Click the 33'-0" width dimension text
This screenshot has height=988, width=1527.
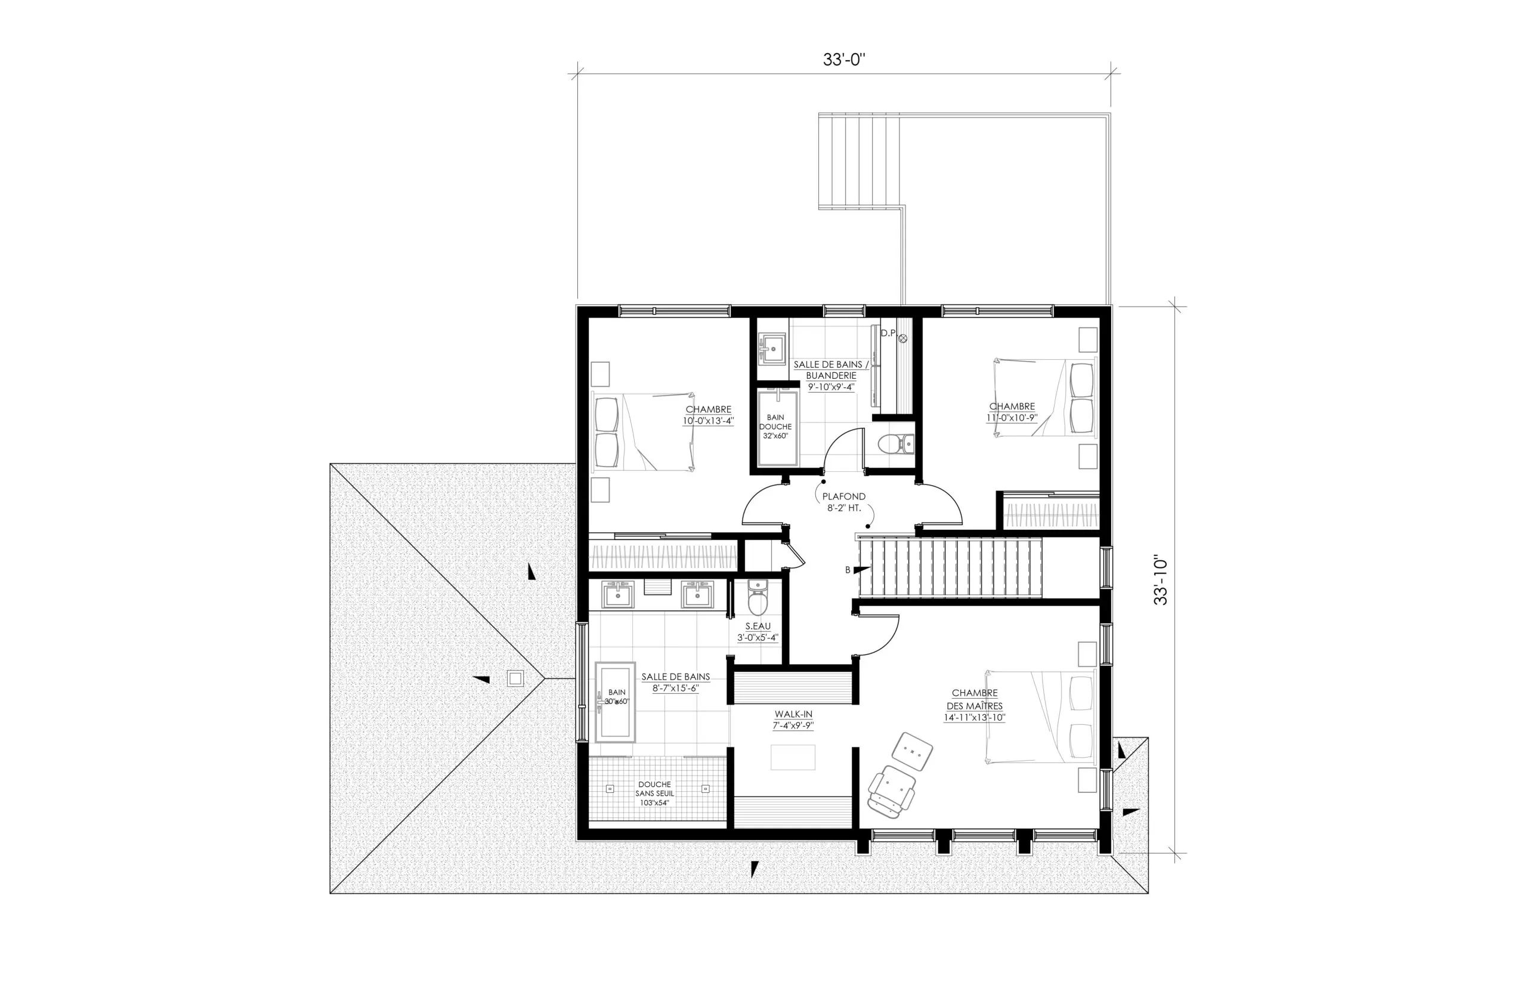click(x=844, y=60)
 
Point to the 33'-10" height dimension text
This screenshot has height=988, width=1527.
click(x=1161, y=581)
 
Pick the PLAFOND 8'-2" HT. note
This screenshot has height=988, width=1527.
click(x=843, y=502)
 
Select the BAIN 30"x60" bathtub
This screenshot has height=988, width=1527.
click(x=616, y=702)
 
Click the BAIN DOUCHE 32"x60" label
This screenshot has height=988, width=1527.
click(x=775, y=427)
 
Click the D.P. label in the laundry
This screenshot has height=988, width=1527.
click(x=888, y=333)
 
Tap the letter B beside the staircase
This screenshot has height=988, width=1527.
click(x=848, y=570)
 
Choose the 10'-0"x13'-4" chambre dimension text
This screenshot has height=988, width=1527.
click(x=708, y=421)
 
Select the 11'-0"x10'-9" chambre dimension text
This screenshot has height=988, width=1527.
click(x=1012, y=418)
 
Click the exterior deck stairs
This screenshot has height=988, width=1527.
click(x=859, y=161)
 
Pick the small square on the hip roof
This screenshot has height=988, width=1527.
click(x=515, y=678)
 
